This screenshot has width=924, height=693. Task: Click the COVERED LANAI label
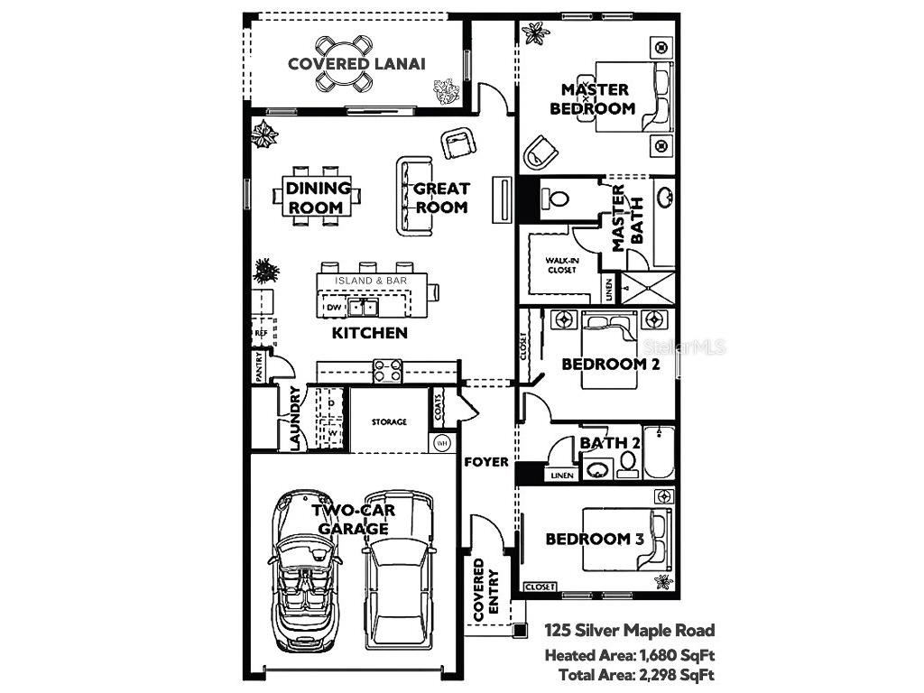[356, 63]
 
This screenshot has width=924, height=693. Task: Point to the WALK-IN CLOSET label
[560, 264]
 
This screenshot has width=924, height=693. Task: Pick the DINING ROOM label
[318, 198]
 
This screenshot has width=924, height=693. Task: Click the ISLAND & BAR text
[371, 281]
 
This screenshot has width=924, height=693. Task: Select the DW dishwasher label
[333, 308]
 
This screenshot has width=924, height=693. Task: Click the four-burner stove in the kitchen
[388, 371]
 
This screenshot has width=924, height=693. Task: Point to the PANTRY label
[259, 366]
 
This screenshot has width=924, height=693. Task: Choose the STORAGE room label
[390, 421]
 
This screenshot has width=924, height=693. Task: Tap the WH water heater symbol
[442, 443]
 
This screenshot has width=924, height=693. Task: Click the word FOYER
[486, 462]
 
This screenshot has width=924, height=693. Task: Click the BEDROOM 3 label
[595, 539]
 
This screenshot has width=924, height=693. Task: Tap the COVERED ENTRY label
[485, 588]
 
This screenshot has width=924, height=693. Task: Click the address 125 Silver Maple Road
[629, 631]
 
